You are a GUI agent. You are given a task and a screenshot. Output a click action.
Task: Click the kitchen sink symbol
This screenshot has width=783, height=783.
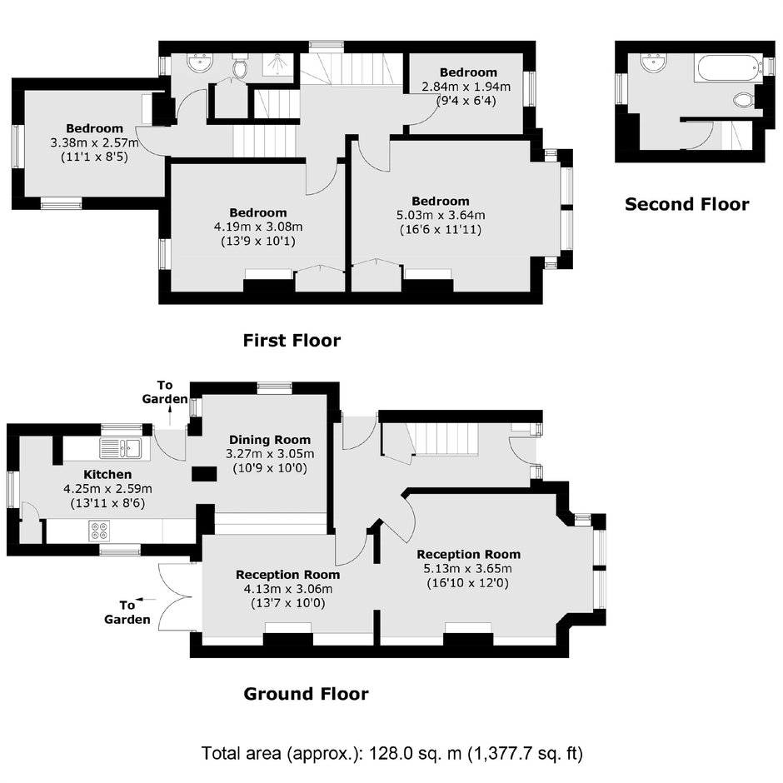tap(121, 448)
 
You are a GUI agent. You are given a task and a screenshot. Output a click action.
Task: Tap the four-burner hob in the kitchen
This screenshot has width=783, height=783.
tap(99, 531)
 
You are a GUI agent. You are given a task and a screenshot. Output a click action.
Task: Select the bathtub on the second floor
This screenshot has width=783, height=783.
tap(726, 68)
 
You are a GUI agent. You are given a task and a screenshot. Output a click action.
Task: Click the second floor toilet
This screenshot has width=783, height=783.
tap(744, 100)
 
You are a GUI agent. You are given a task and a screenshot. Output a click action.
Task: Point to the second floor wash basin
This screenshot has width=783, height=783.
tap(654, 63)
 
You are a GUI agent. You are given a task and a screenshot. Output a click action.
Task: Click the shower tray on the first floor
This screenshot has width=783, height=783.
tap(278, 65)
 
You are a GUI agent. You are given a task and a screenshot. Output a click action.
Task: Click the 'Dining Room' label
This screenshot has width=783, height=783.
tap(270, 440)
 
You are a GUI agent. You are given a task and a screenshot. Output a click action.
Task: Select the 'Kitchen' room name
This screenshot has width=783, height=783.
tap(107, 475)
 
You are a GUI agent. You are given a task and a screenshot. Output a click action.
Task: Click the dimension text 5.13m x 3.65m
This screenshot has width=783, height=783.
tap(467, 569)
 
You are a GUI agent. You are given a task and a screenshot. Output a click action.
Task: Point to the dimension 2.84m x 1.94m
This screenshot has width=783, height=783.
tap(466, 87)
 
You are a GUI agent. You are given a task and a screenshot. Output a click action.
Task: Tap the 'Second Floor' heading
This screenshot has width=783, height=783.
tap(687, 204)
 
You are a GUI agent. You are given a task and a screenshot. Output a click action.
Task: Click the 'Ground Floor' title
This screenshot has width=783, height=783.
tap(306, 694)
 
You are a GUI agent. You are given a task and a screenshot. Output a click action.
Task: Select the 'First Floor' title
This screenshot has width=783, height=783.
tap(292, 341)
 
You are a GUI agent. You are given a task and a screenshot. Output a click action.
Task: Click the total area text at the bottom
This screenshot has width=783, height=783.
tap(392, 753)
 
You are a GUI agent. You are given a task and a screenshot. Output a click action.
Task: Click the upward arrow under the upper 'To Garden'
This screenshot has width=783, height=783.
tap(170, 416)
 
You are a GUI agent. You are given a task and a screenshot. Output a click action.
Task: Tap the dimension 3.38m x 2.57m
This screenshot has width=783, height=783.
tap(94, 142)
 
